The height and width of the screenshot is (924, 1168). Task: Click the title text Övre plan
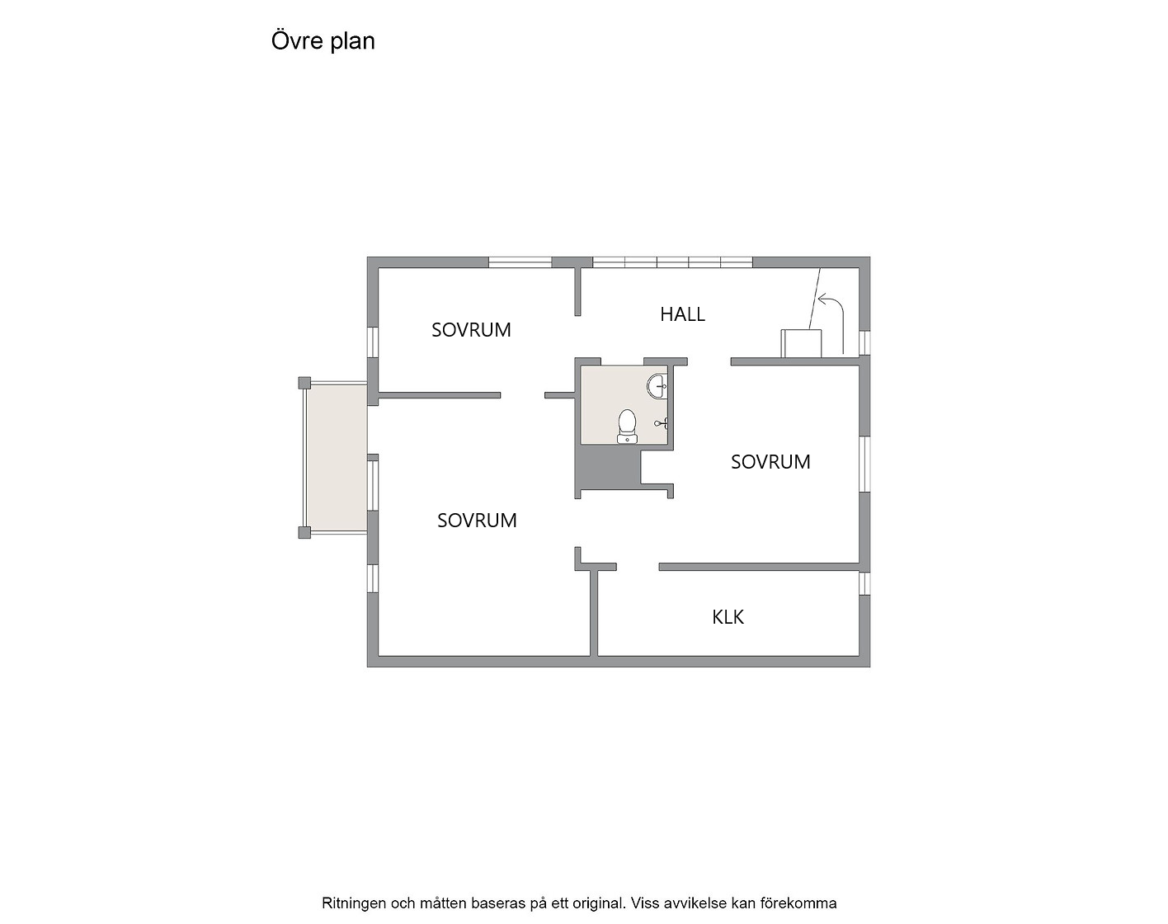click(323, 41)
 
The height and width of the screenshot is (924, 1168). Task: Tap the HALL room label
click(682, 314)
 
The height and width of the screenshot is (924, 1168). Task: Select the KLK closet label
click(728, 617)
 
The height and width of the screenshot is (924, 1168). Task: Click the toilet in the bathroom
click(627, 427)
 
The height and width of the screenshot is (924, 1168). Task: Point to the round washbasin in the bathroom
click(657, 386)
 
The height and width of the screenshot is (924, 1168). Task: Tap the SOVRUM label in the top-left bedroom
click(471, 330)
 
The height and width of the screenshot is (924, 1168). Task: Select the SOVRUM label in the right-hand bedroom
click(770, 462)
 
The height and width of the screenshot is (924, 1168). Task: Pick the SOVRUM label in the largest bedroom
click(477, 521)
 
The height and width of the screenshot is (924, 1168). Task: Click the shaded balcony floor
click(337, 457)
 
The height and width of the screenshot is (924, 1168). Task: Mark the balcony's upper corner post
click(304, 383)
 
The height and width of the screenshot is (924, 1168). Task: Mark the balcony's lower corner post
click(304, 532)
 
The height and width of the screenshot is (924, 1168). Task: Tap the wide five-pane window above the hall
click(672, 262)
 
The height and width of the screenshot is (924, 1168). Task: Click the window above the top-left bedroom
click(520, 262)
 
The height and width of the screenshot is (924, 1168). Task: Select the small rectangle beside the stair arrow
click(801, 343)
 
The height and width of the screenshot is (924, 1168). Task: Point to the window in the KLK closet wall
click(864, 583)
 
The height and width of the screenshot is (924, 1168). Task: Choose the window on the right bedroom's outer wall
click(864, 464)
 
